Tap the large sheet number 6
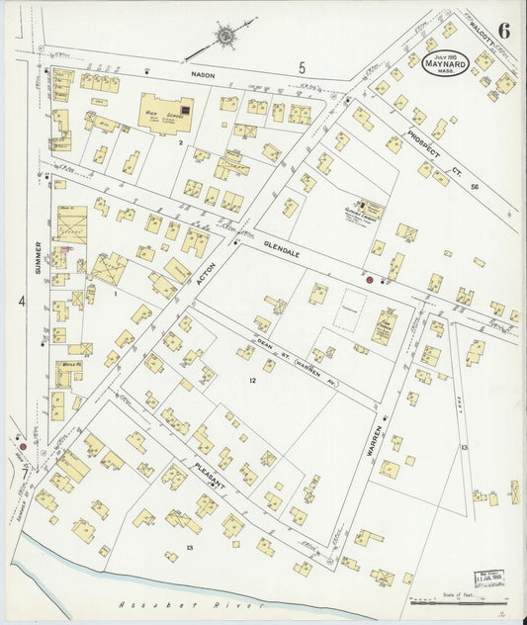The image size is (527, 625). [x=504, y=29]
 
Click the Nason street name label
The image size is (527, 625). [x=204, y=73]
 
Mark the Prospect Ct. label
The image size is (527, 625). [x=429, y=149]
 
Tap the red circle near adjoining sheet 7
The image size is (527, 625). [x=22, y=447]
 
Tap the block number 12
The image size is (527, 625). [x=253, y=380]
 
